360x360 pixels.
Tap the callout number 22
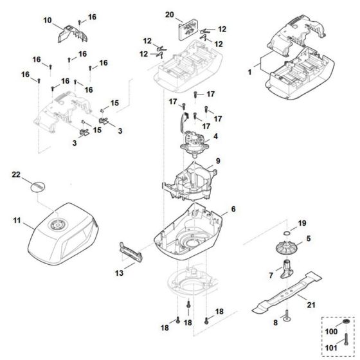click(x=17, y=175)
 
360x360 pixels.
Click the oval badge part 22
click(x=38, y=186)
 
